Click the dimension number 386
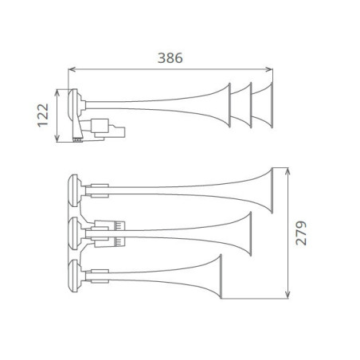pos(170,58)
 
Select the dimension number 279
pos(300,232)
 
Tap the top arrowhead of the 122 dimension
pos(57,90)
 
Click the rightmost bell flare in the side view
pos(272,104)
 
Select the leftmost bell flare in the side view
pos(231,104)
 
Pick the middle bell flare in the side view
pos(250,104)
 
